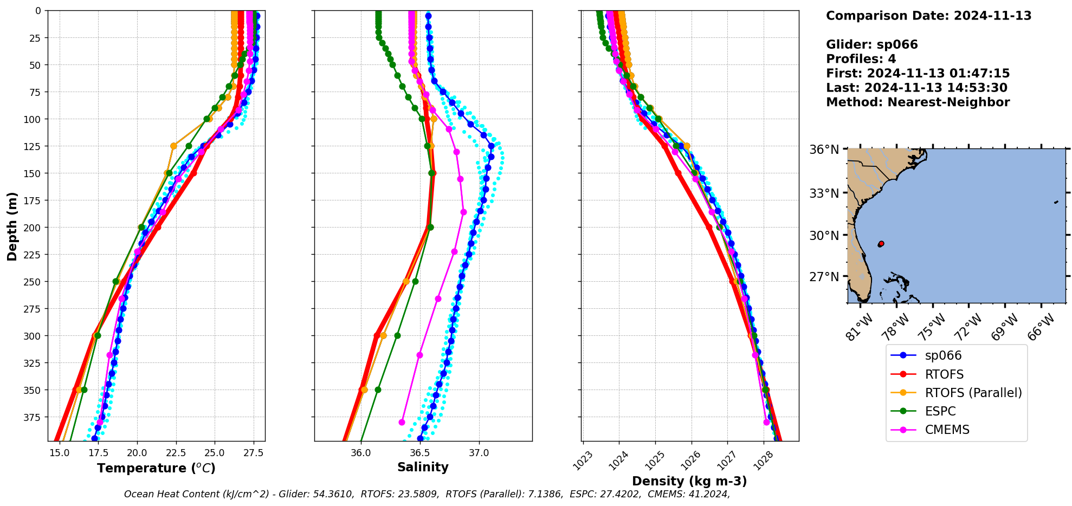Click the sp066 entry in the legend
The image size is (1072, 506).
pyautogui.click(x=943, y=355)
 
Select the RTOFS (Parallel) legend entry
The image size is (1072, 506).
pyautogui.click(x=973, y=393)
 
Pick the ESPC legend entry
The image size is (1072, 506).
pyautogui.click(x=940, y=411)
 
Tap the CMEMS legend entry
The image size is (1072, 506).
pyautogui.click(x=947, y=430)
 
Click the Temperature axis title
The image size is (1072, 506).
pyautogui.click(x=156, y=468)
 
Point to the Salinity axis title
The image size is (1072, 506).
pyautogui.click(x=423, y=467)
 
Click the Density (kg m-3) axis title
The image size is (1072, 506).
pyautogui.click(x=689, y=481)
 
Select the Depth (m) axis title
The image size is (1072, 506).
pyautogui.click(x=12, y=226)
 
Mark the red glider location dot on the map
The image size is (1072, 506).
pyautogui.click(x=881, y=244)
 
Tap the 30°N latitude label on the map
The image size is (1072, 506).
pyautogui.click(x=824, y=236)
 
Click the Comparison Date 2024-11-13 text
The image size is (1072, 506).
pyautogui.click(x=928, y=16)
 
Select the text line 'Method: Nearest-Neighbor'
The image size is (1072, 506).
pyautogui.click(x=918, y=102)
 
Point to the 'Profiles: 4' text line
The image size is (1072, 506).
pyautogui.click(x=861, y=59)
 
